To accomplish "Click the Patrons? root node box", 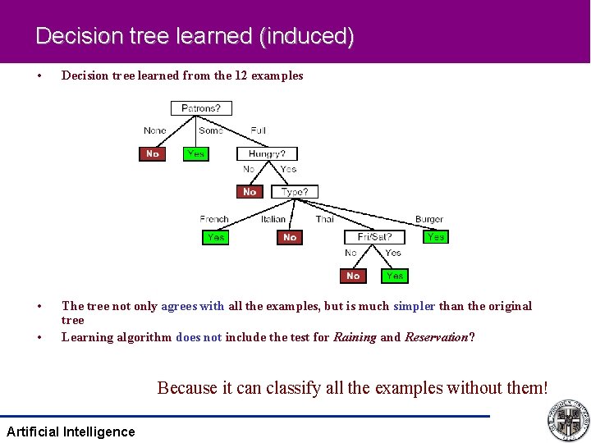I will click(x=201, y=107).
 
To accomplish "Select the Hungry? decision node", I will click(x=267, y=153).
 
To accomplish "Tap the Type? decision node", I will click(x=294, y=192).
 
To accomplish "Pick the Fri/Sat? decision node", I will click(x=374, y=237).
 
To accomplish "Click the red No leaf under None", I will click(x=153, y=153).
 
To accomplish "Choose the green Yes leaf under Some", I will click(x=195, y=153).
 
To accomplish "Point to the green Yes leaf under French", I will click(x=216, y=237).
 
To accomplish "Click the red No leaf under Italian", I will click(x=290, y=237).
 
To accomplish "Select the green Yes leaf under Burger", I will click(x=436, y=236).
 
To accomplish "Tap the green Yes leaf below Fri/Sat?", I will click(x=394, y=276).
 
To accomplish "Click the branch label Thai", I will click(x=325, y=219).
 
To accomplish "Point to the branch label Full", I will click(x=258, y=130).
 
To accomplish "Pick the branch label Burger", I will click(x=428, y=219).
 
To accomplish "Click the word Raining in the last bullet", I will click(x=355, y=337).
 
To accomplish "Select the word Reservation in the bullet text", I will click(x=437, y=337).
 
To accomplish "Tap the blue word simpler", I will click(x=415, y=306).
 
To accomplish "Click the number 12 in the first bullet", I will click(x=241, y=75).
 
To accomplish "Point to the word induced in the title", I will click(x=314, y=36).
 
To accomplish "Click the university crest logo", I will click(x=568, y=419).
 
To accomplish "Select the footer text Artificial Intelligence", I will click(x=71, y=432).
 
